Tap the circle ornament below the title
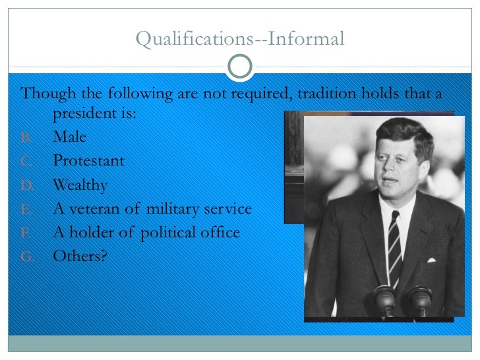(x=240, y=65)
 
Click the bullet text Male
(x=70, y=137)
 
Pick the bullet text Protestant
(x=88, y=161)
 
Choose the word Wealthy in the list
(x=80, y=185)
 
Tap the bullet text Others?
(x=80, y=256)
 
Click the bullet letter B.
(x=26, y=138)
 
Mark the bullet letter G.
(x=26, y=257)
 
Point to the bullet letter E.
(x=26, y=210)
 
